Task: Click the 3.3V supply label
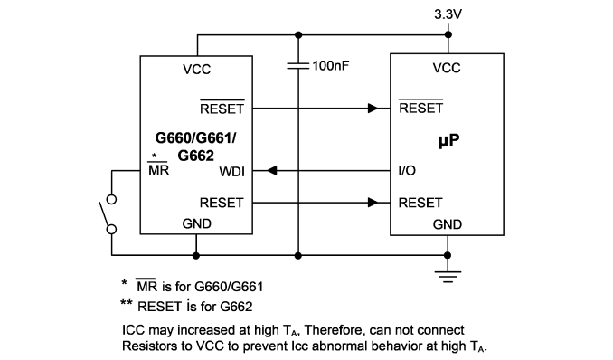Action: click(448, 14)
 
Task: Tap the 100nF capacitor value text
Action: click(330, 66)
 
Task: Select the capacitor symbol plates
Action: click(298, 66)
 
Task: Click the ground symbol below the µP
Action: click(448, 276)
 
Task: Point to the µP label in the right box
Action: click(448, 140)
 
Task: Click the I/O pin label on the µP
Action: click(407, 171)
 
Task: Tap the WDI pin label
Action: click(231, 171)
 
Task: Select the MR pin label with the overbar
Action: click(158, 169)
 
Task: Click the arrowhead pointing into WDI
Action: click(272, 171)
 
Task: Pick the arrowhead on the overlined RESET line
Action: click(373, 108)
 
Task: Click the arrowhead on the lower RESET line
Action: click(373, 203)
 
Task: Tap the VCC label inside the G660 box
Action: click(196, 70)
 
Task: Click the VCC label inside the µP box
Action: click(447, 68)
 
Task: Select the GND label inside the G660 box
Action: click(196, 223)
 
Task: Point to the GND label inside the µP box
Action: click(448, 224)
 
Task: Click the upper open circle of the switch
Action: click(111, 200)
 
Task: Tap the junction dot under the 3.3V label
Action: click(448, 35)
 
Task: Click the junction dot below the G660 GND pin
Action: click(196, 255)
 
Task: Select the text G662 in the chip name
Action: click(196, 156)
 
